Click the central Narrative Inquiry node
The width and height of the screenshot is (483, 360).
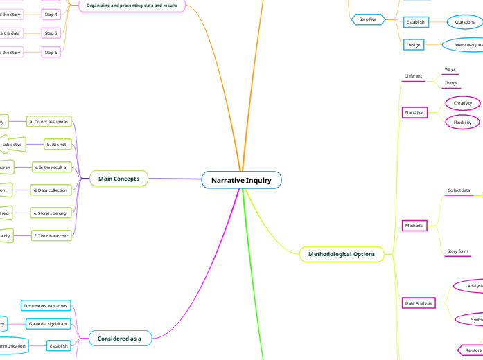click(241, 180)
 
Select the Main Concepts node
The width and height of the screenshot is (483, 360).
click(118, 179)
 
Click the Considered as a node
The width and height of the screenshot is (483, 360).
click(120, 338)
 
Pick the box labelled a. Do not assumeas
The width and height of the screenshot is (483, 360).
click(49, 121)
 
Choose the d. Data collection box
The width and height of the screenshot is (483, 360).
click(51, 190)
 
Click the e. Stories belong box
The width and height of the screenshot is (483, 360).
click(50, 213)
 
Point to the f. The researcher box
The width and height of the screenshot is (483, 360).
click(51, 236)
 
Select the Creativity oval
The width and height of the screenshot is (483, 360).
click(462, 103)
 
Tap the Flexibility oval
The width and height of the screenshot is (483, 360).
click(462, 123)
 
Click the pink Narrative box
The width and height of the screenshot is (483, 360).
click(414, 112)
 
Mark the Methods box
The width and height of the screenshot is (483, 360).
click(414, 226)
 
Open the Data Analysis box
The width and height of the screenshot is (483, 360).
click(418, 303)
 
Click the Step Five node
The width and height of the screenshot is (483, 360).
click(368, 19)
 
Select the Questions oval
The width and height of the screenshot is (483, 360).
click(464, 22)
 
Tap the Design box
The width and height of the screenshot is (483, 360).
click(414, 44)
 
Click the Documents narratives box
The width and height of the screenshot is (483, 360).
click(46, 305)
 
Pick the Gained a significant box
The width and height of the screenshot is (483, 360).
click(48, 323)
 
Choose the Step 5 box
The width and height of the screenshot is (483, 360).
click(51, 33)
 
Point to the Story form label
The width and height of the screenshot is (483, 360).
click(457, 251)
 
